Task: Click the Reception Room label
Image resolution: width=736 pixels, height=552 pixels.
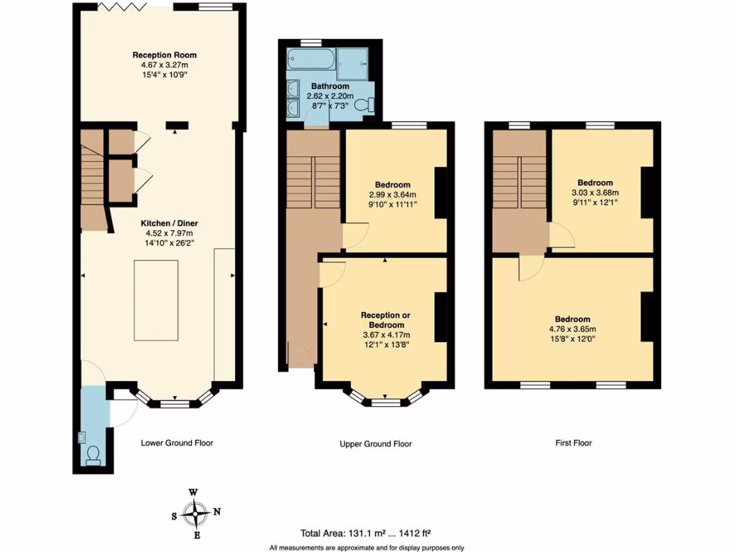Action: point(164,55)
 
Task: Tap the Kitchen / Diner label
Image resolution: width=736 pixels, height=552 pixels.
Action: point(170,223)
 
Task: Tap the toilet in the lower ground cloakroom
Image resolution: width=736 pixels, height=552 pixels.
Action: point(93,454)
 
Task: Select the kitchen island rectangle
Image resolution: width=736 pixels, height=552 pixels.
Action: point(157,300)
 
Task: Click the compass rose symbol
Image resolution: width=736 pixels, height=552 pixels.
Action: point(194,513)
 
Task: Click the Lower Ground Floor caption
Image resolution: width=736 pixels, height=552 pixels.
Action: point(177,443)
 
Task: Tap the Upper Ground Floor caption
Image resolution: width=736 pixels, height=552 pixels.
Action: point(375,444)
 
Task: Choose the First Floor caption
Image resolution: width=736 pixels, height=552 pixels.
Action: point(573,443)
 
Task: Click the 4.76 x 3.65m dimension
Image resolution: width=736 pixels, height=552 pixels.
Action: point(572,329)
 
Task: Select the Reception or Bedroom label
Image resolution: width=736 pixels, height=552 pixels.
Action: point(385,321)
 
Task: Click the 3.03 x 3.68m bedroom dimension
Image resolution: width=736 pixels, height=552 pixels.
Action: point(594,193)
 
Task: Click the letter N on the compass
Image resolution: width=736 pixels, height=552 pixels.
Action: point(219,512)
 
